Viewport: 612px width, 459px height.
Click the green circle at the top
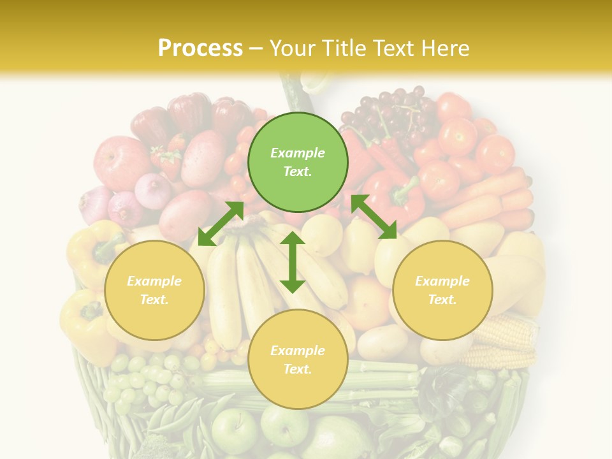[298, 162]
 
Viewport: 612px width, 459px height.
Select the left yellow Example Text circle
[154, 290]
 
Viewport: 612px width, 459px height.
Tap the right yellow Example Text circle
[442, 290]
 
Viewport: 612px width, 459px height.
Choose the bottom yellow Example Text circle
[298, 359]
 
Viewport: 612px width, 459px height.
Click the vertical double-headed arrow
[293, 262]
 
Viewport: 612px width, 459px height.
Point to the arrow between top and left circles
[221, 224]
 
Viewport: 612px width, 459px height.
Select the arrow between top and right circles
[374, 217]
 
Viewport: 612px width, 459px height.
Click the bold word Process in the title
[200, 48]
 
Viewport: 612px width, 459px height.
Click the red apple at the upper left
[122, 162]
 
